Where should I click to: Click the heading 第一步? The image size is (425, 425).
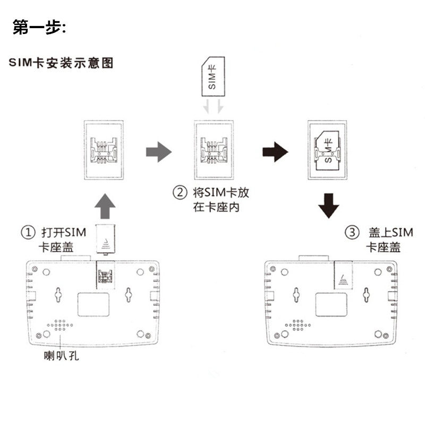[39, 28]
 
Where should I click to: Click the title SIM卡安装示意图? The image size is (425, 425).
[61, 63]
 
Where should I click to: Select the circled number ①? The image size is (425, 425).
[28, 233]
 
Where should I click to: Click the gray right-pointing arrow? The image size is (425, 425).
[159, 152]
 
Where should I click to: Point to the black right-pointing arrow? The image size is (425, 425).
[275, 152]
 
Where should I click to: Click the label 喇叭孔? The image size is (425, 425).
[62, 355]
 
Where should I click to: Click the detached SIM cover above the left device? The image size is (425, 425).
[106, 240]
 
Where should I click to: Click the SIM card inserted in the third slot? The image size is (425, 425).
[326, 149]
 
